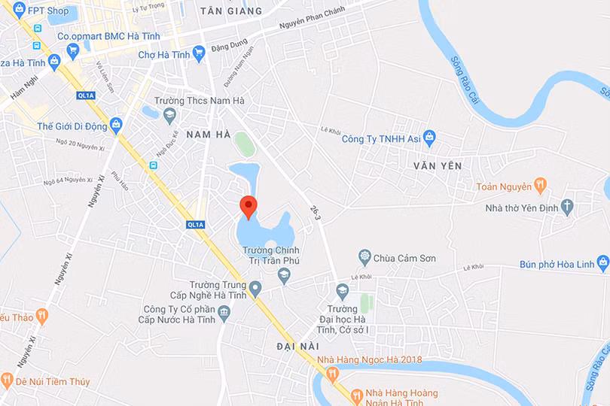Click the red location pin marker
coord(248,205)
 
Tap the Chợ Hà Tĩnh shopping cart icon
coord(199,53)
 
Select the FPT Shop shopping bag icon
coord(20,10)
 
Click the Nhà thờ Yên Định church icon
coord(567,208)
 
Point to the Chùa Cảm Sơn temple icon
coord(365,258)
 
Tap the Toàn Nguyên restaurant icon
coord(540,185)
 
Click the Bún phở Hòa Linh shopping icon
coord(602,263)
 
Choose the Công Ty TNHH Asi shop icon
coord(429,138)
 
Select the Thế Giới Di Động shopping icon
coord(116,126)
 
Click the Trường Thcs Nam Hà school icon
coord(169,114)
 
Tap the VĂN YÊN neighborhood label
coord(438,165)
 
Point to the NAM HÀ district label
coord(208,134)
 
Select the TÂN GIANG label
coord(231,11)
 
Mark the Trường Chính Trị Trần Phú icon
coord(284,276)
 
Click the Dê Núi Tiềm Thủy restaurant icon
coord(7,380)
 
